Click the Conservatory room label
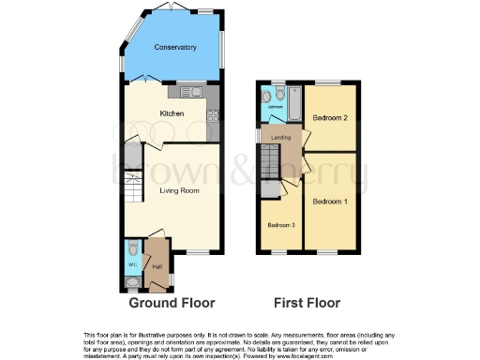point(175,47)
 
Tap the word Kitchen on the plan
point(172,114)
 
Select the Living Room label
point(172,190)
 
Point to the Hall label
point(157,266)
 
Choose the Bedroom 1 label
point(330,202)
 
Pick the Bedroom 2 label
point(330,117)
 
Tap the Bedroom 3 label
point(281,226)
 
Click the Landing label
point(280,139)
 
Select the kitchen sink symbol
point(192,92)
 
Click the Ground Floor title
point(172,303)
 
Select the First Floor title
point(307,303)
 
